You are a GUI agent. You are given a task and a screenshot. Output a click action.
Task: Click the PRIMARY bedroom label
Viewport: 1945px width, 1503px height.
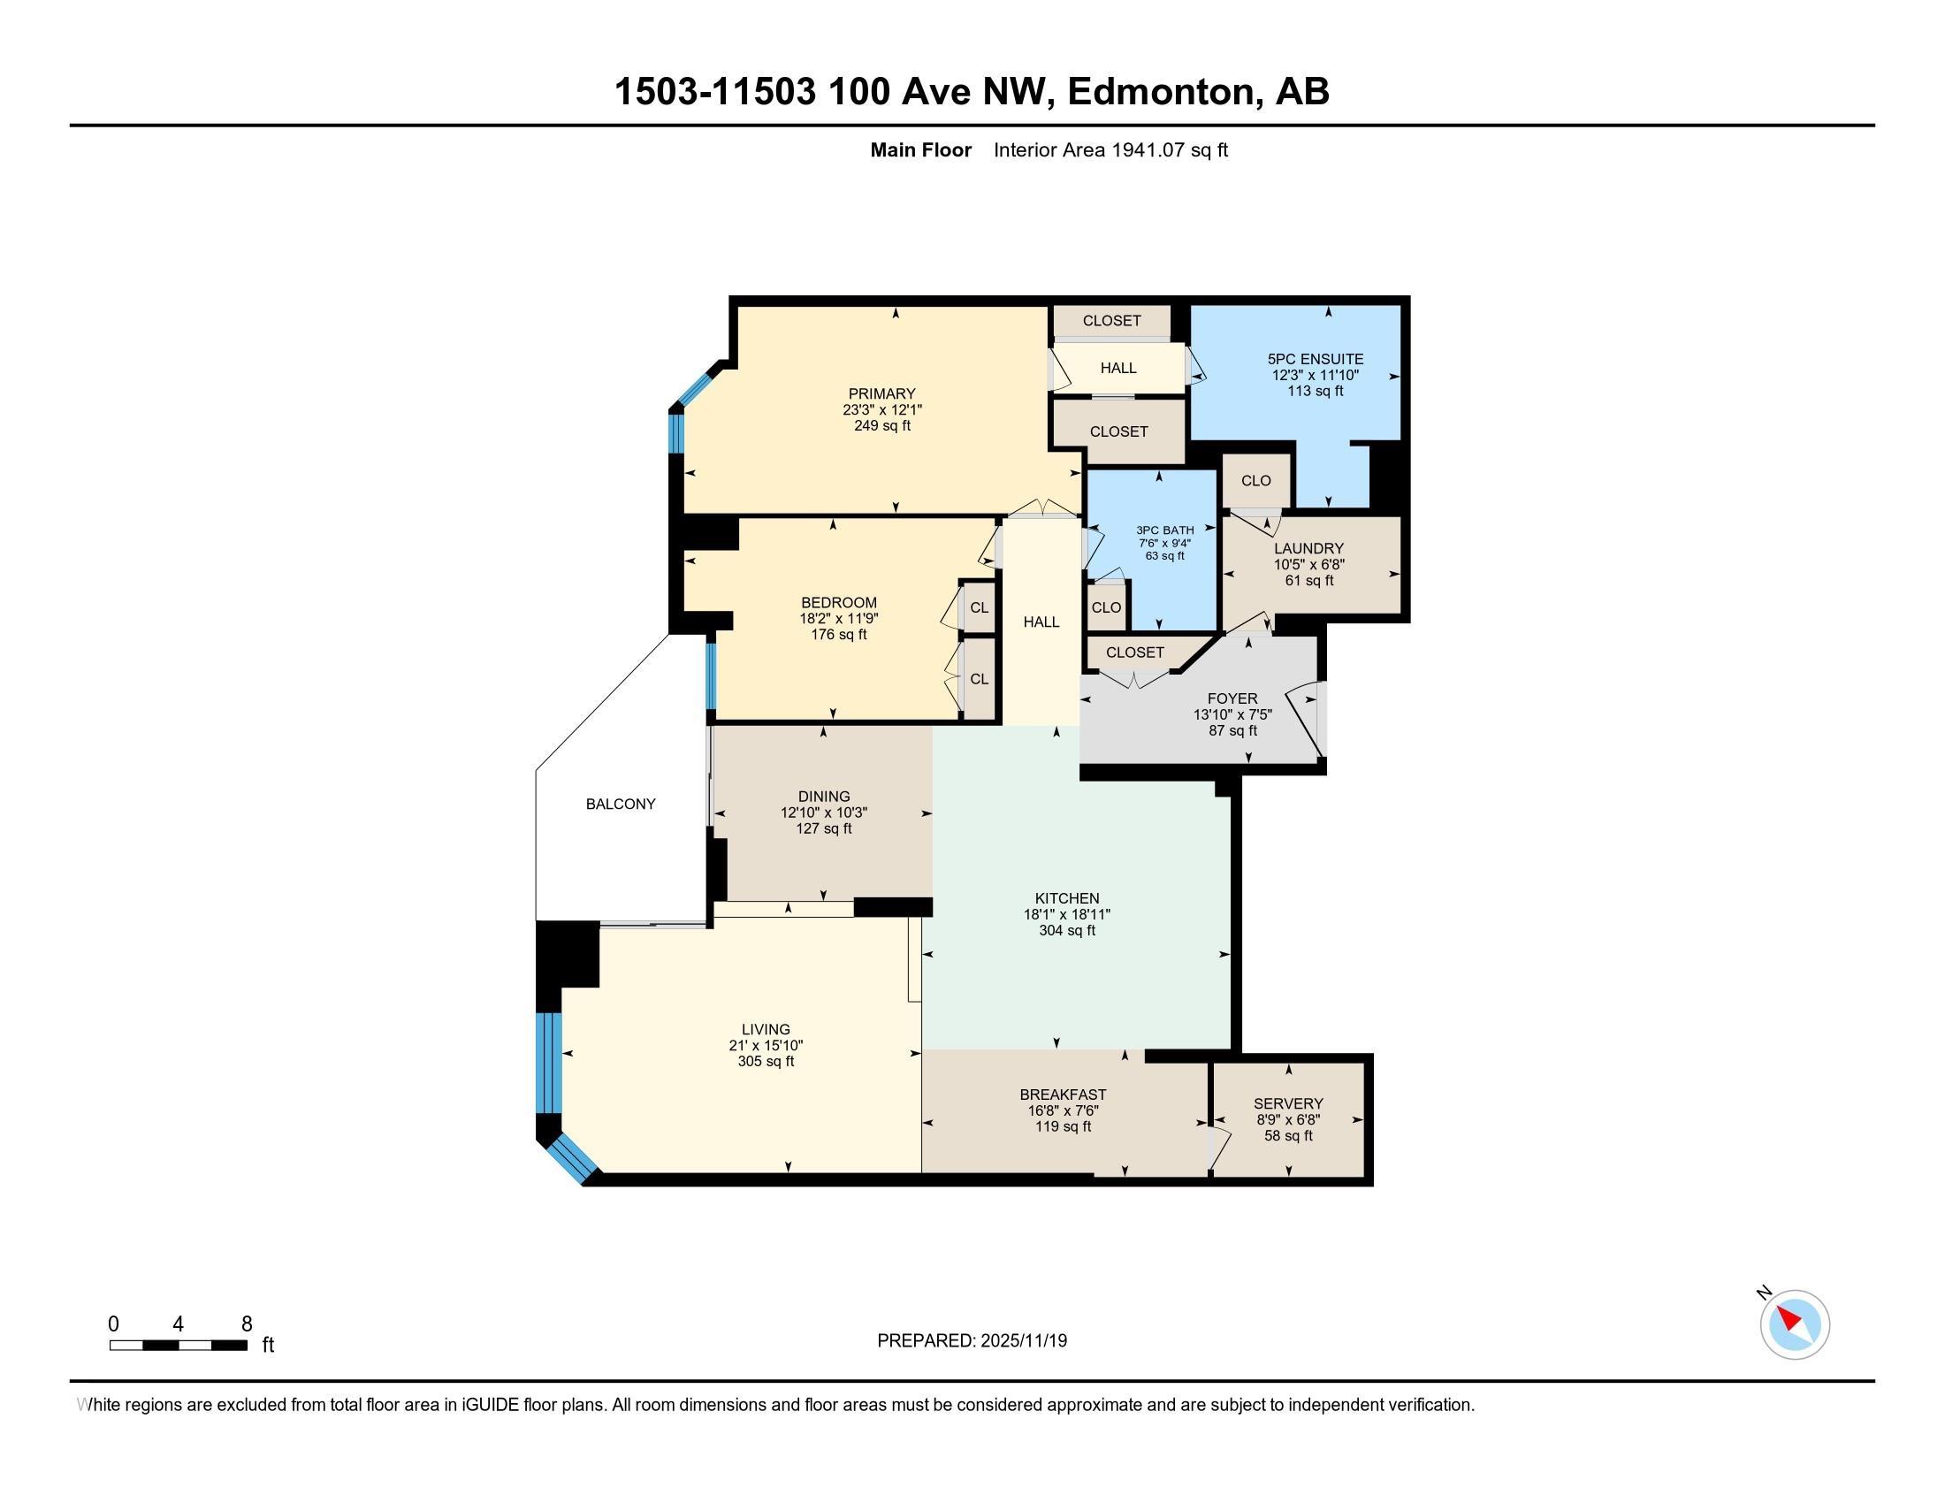pos(881,393)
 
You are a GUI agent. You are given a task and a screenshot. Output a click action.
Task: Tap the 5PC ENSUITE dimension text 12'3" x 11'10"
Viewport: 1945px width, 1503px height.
pos(1315,375)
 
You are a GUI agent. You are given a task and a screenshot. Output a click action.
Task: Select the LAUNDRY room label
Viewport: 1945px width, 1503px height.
pos(1308,548)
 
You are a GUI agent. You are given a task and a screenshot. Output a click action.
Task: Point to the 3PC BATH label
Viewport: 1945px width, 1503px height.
pos(1164,530)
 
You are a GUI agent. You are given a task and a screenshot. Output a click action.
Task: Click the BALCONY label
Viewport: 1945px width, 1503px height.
pos(620,804)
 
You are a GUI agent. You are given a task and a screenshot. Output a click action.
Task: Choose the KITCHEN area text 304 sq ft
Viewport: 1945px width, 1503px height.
pos(1066,930)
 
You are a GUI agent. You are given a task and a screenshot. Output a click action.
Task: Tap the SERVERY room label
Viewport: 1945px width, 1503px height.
pos(1287,1103)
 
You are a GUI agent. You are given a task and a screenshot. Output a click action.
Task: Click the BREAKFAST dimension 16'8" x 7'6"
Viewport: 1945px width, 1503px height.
pos(1063,1110)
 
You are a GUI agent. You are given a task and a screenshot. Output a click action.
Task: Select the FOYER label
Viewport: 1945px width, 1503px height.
pos(1232,699)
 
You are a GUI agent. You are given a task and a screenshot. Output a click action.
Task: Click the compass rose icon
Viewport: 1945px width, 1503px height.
pos(1794,1325)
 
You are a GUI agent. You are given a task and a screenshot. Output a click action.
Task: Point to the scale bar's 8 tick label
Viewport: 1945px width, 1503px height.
pos(247,1324)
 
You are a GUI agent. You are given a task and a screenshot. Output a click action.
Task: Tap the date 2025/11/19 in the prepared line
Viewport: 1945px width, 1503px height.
pos(1022,1341)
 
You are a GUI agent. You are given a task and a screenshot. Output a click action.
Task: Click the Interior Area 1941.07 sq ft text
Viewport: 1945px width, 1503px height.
pos(1110,150)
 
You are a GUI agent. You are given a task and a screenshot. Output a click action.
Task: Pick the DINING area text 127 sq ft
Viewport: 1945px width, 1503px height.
pos(823,829)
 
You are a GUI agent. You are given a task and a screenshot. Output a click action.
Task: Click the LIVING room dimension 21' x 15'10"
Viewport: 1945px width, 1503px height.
pos(765,1045)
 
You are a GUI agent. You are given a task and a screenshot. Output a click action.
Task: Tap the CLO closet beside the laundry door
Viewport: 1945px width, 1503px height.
pos(1255,481)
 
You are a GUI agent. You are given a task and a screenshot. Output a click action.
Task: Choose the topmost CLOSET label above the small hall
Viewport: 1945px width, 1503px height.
pos(1110,321)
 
